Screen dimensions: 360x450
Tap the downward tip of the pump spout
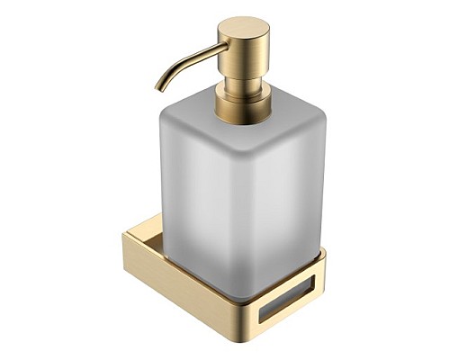click(x=158, y=88)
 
